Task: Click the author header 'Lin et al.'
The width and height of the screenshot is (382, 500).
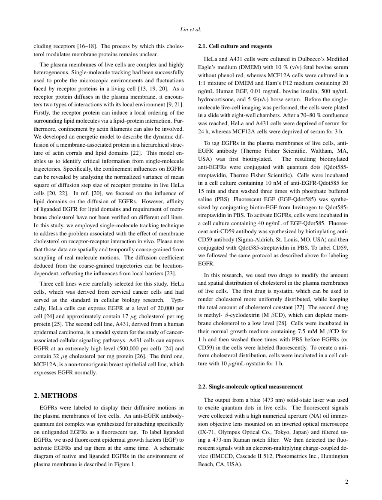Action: (191, 30)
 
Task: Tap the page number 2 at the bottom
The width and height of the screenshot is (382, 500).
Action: (346, 482)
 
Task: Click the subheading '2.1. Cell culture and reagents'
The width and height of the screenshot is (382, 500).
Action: (235, 46)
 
